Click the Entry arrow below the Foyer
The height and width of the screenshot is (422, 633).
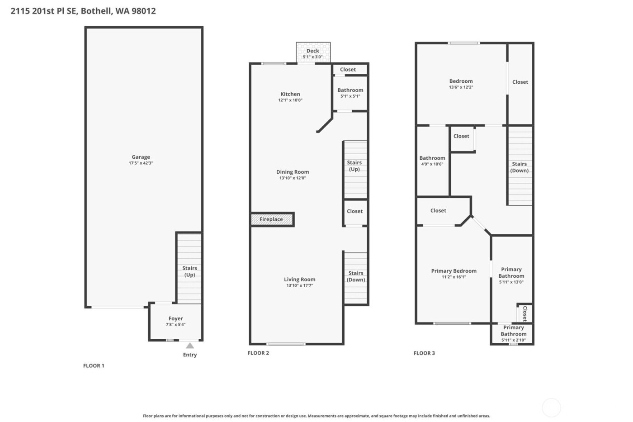[x=190, y=346]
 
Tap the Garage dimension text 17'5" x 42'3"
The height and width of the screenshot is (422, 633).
[x=141, y=163]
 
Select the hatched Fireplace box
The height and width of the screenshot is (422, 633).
[x=272, y=219]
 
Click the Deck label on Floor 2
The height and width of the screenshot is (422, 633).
[x=313, y=51]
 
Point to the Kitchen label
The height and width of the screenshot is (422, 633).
[x=290, y=94]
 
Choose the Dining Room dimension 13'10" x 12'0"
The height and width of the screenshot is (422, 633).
[x=293, y=178]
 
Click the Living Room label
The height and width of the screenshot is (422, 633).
[x=299, y=280]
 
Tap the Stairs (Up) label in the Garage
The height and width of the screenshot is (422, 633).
[x=189, y=271]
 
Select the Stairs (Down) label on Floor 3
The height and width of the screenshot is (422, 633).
[x=519, y=167]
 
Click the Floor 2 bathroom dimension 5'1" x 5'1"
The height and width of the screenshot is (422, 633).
[x=350, y=96]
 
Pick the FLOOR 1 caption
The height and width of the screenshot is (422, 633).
[x=94, y=365]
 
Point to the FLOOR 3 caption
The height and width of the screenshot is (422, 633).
[x=424, y=353]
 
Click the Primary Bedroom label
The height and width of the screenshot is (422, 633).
[x=453, y=271]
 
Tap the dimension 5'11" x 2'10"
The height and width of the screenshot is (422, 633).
[x=513, y=340]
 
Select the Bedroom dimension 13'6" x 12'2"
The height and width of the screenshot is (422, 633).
[x=461, y=87]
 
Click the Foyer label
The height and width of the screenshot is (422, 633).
[x=175, y=318]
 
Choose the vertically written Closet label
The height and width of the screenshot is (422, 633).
[x=524, y=313]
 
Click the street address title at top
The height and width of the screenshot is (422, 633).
[x=83, y=11]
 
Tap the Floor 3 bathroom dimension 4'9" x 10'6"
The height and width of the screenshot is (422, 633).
[x=432, y=164]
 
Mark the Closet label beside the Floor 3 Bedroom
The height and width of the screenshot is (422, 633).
[x=520, y=82]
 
